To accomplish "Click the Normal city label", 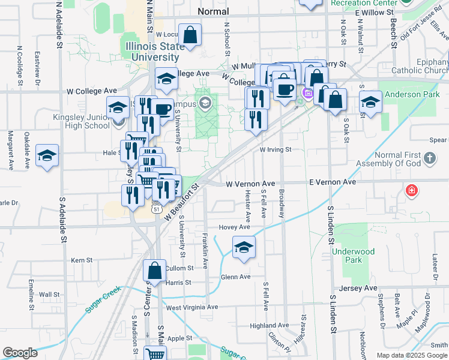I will point(213,11).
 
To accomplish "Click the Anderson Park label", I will point(408,95).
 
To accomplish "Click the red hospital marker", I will point(412,191).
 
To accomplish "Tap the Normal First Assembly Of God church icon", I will point(430,158).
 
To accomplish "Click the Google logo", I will point(20,352).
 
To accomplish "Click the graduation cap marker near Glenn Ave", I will point(244,248).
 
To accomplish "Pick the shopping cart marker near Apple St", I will point(155,354).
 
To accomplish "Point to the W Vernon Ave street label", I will point(250,183).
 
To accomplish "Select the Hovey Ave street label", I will point(234,227).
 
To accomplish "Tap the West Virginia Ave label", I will point(191,307).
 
